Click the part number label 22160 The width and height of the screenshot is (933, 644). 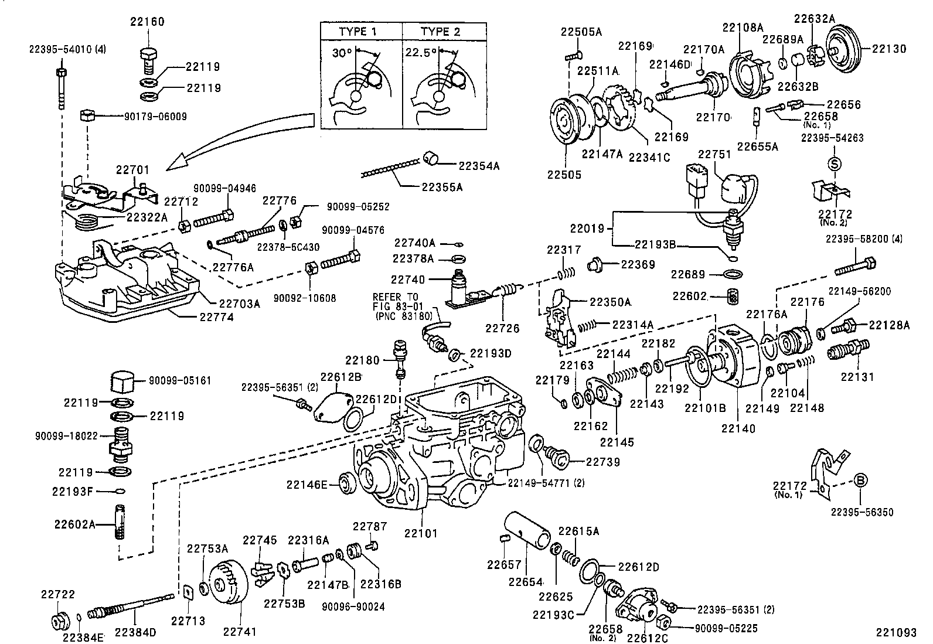tap(147, 22)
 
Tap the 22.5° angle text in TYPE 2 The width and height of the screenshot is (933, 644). tap(420, 52)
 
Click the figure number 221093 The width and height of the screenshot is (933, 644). tap(896, 633)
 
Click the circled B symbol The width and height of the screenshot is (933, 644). tap(861, 480)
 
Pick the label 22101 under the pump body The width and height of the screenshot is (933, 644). tap(421, 534)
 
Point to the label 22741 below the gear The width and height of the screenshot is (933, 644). tap(239, 632)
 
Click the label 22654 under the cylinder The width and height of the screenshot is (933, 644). tap(525, 582)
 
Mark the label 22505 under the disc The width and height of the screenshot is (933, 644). tap(564, 175)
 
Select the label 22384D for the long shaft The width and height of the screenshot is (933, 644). tap(135, 632)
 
